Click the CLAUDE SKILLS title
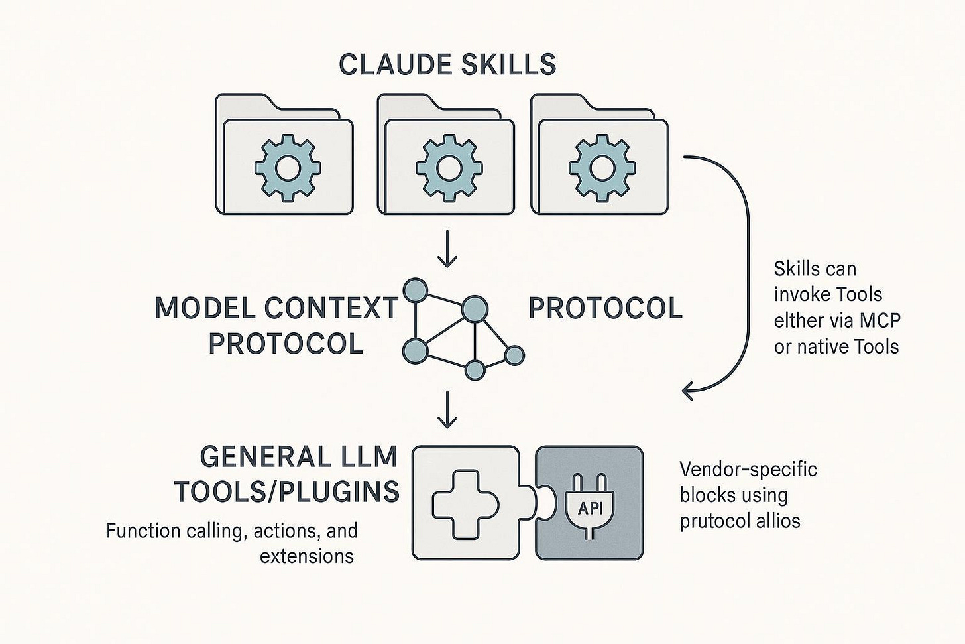click(447, 64)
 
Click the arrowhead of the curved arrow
click(688, 391)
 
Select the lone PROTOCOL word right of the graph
click(605, 308)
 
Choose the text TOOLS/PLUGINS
click(287, 491)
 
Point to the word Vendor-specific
click(748, 470)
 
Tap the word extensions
click(307, 556)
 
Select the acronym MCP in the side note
click(880, 320)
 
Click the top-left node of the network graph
click(415, 289)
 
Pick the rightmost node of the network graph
click(514, 356)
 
